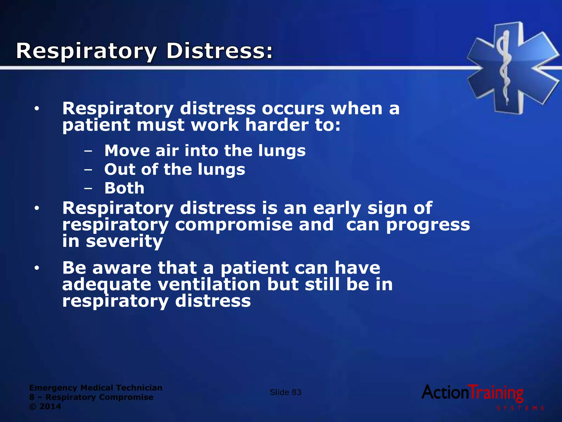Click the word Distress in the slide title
pos(220,51)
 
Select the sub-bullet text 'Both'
pos(124,188)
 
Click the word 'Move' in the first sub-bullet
pos(127,151)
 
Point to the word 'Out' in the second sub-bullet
pos(119,169)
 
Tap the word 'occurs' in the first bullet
pos(293,109)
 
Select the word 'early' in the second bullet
pos(337,208)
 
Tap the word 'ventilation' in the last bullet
pos(209,284)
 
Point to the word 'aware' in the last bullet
pos(122,268)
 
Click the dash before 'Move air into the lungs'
pos(88,151)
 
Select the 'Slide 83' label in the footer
pos(285,392)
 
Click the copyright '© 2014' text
pos(45,406)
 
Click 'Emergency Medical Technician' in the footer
pos(96,388)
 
